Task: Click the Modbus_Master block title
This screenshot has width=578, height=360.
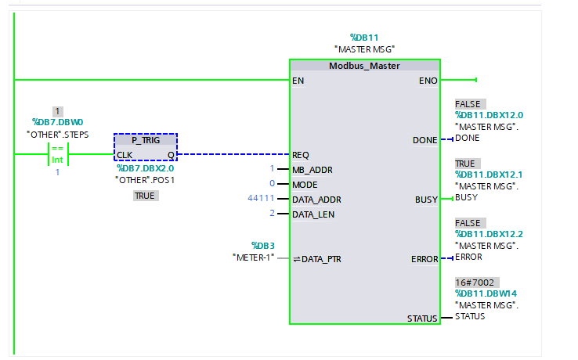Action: click(364, 66)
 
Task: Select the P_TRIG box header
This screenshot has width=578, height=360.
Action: click(146, 139)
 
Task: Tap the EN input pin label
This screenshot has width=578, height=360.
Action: click(298, 80)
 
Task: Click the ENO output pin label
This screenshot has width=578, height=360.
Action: click(428, 80)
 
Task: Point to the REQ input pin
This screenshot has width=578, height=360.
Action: click(301, 154)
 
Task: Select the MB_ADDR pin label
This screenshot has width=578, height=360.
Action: click(311, 169)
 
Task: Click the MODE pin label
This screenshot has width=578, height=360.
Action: click(305, 184)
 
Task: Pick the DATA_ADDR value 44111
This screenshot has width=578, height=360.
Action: click(261, 199)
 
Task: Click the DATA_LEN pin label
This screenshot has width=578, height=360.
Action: click(312, 214)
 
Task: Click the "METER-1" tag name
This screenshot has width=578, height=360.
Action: click(253, 258)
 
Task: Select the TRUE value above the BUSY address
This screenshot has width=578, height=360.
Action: click(468, 163)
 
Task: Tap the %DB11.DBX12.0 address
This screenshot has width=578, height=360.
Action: click(489, 115)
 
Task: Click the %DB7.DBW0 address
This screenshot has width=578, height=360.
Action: click(57, 122)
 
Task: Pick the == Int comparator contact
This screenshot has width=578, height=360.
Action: click(57, 153)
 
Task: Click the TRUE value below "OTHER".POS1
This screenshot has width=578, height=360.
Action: click(145, 196)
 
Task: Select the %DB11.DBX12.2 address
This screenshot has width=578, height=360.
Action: click(489, 234)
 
